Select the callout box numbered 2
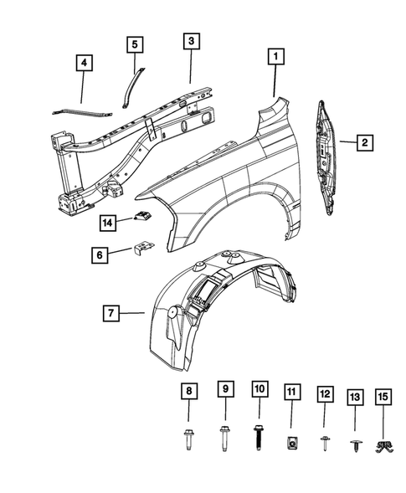[x=365, y=143]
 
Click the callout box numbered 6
[x=100, y=254]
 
